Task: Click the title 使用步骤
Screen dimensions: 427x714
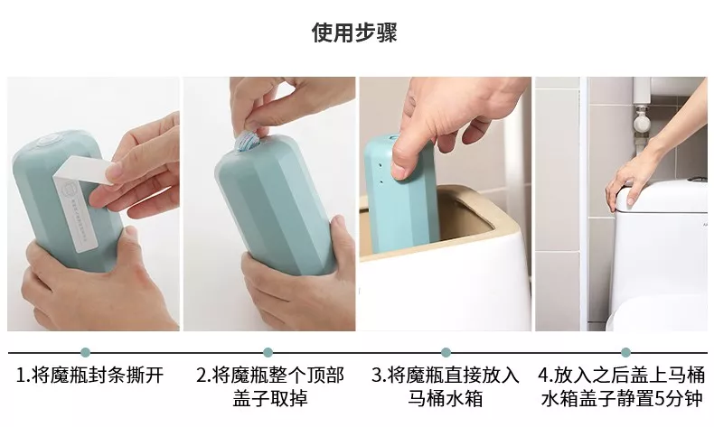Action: tap(354, 33)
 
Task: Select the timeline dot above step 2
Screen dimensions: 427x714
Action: tap(266, 352)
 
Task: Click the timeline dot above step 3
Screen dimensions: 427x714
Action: tap(446, 352)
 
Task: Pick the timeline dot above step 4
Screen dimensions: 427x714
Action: tap(625, 352)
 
